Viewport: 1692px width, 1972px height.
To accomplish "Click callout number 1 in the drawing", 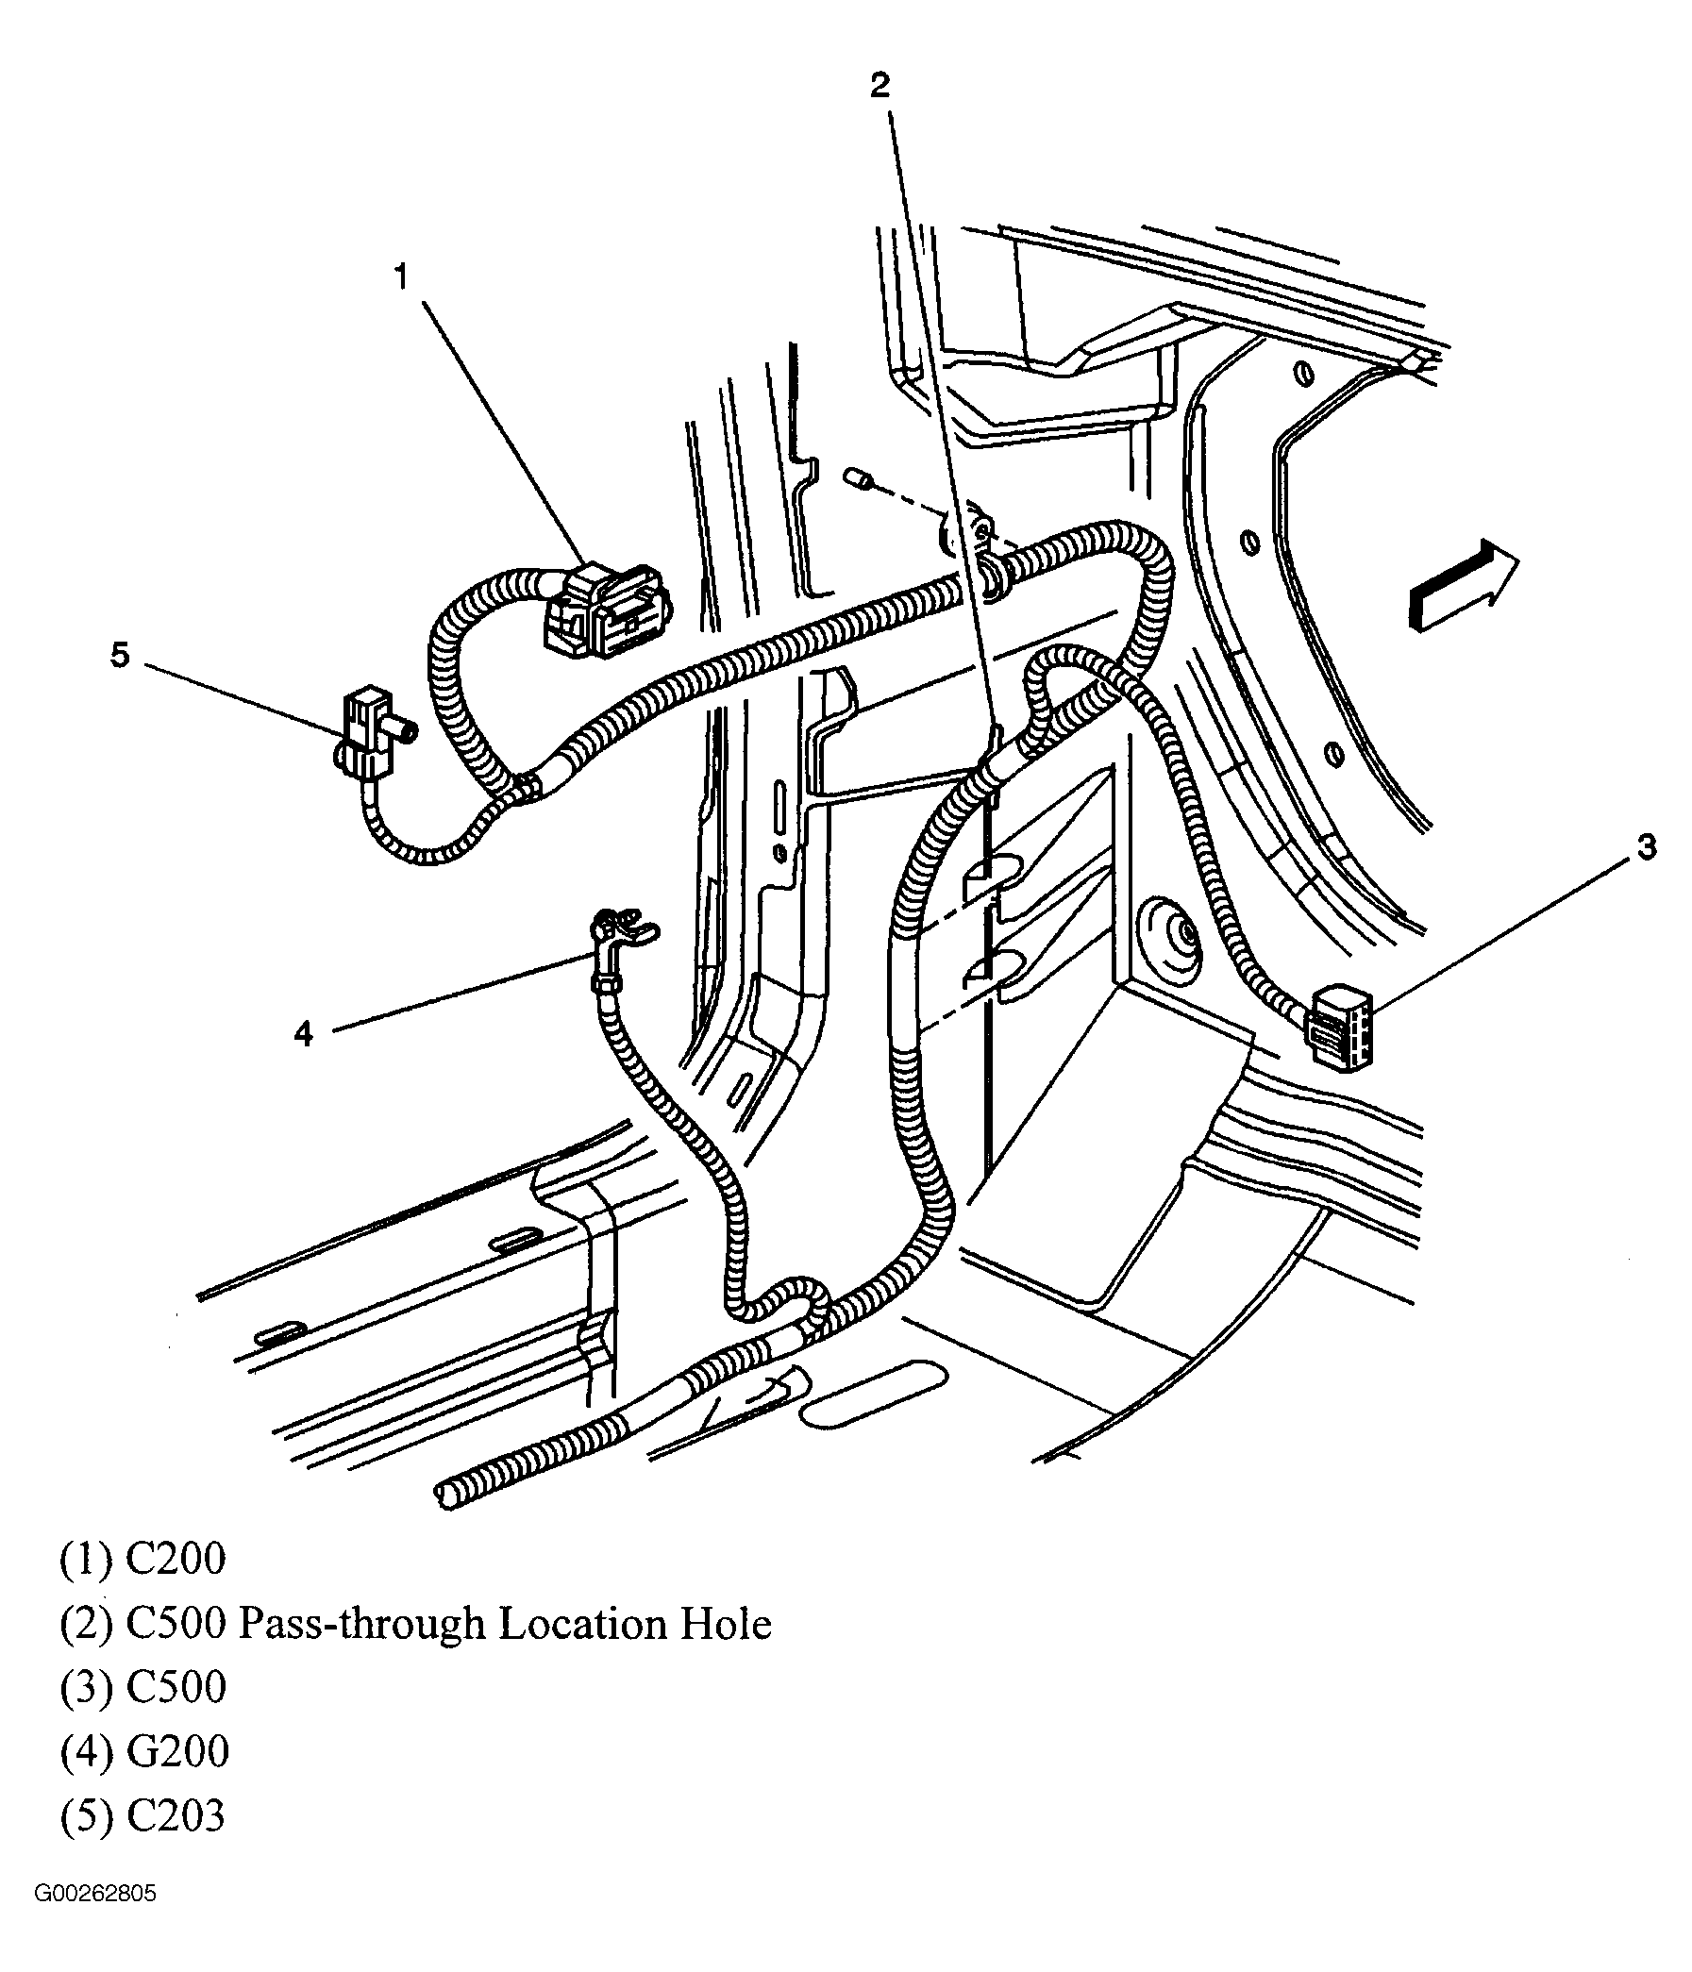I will [x=401, y=277].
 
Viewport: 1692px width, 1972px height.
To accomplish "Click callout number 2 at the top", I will [x=880, y=86].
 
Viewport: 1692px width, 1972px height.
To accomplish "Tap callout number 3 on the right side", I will [x=1646, y=846].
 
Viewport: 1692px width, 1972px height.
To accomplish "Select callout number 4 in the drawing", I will [x=304, y=1032].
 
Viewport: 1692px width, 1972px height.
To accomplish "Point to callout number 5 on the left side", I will [x=120, y=655].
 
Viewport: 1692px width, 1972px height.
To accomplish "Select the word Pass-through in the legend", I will [x=360, y=1624].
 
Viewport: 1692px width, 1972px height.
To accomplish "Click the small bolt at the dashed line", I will [x=859, y=478].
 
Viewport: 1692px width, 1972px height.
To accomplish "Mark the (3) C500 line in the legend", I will [x=142, y=1687].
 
